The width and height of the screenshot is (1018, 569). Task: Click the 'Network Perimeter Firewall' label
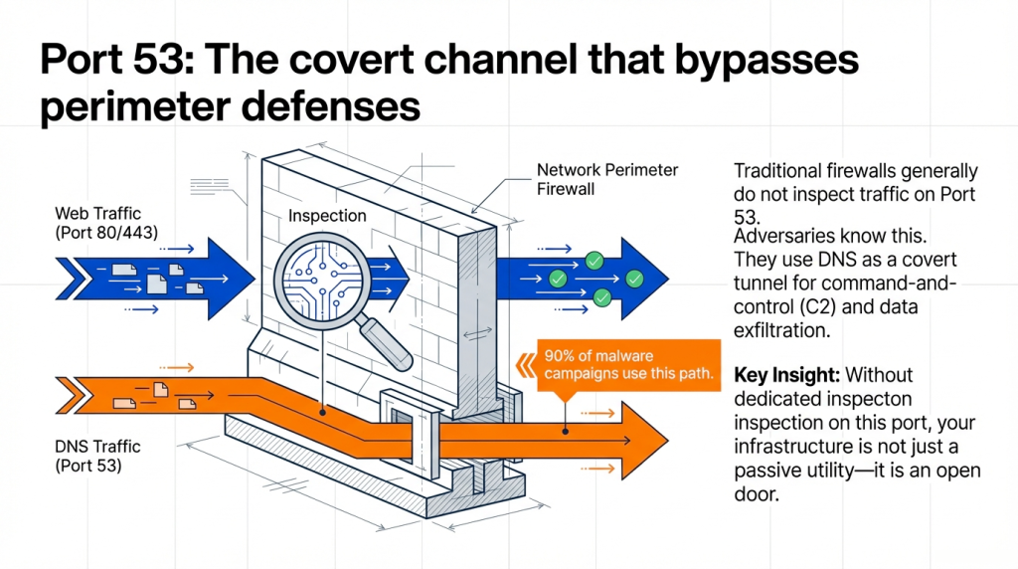click(607, 179)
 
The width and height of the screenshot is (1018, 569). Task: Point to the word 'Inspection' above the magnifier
click(327, 216)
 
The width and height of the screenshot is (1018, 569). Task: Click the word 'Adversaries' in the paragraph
click(780, 237)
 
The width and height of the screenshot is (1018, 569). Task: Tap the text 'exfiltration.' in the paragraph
click(780, 329)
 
